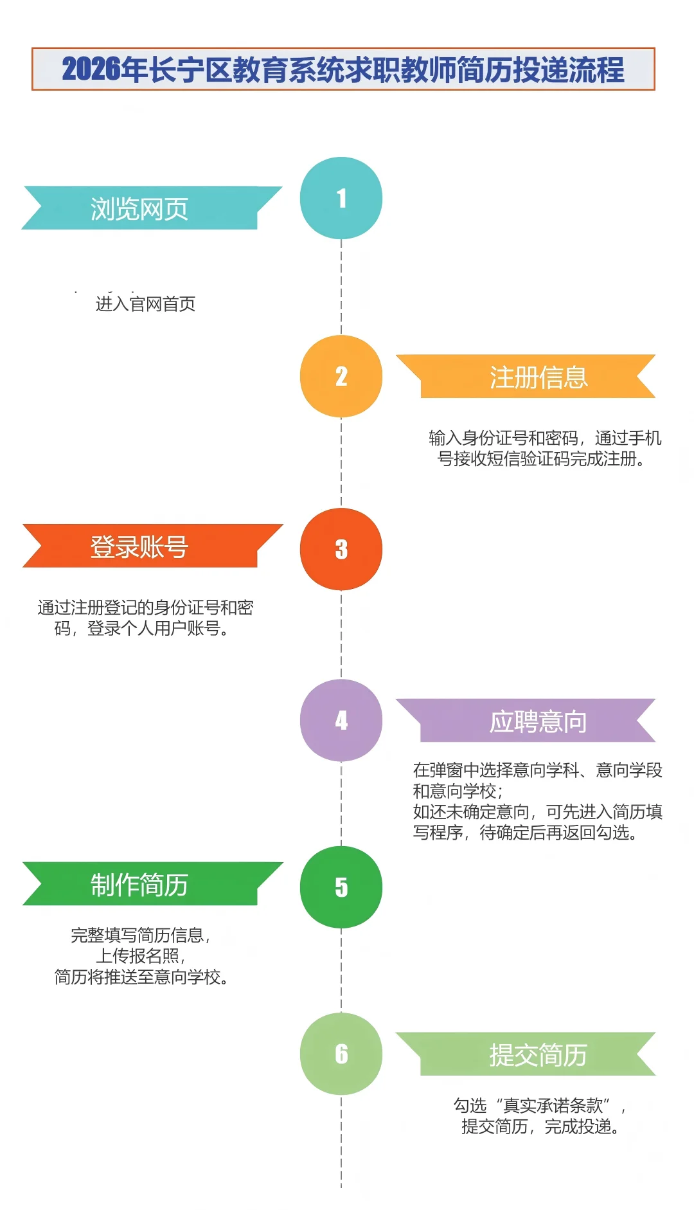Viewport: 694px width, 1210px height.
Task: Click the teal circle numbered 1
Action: pos(341,198)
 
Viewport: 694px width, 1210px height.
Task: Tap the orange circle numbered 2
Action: pos(341,376)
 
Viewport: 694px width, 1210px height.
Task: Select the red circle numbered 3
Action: pos(341,549)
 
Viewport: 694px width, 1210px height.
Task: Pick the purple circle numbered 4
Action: pos(341,720)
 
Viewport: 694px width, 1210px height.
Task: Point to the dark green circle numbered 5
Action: pos(341,887)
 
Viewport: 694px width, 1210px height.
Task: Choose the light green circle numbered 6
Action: pos(341,1054)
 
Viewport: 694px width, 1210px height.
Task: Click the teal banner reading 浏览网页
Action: pos(139,208)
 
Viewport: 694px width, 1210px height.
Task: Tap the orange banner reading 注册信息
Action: pos(538,377)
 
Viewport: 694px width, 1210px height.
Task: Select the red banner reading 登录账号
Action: pos(139,546)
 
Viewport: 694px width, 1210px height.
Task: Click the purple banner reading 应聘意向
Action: pos(538,721)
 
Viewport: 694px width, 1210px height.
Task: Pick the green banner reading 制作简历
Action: pos(139,885)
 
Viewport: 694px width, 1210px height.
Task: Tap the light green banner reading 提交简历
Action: pos(538,1055)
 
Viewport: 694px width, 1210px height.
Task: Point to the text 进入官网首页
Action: pos(146,303)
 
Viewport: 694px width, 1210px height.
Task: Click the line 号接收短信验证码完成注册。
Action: pos(542,459)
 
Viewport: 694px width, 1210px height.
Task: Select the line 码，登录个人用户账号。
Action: pos(142,628)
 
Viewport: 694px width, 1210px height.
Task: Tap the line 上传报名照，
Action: pos(141,956)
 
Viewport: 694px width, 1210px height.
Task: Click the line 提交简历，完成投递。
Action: pos(541,1126)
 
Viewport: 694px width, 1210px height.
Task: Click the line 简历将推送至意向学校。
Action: pos(142,977)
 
